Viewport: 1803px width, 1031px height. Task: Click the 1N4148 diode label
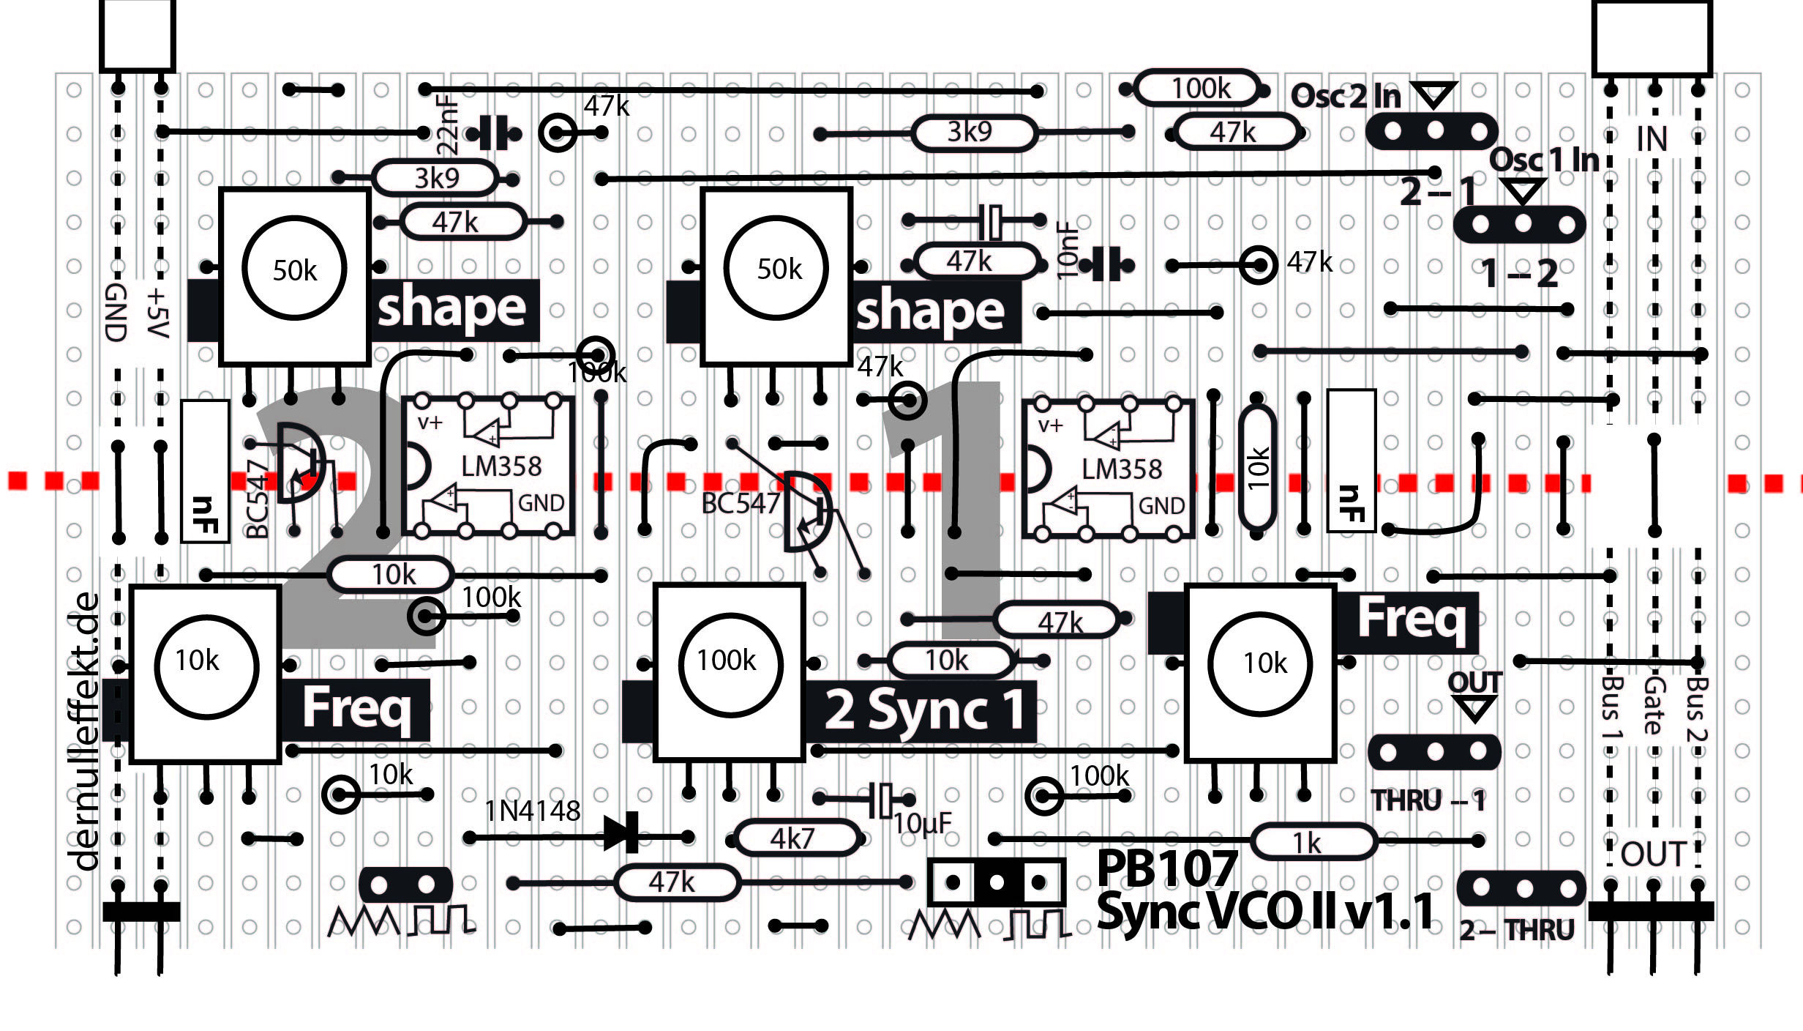coord(532,811)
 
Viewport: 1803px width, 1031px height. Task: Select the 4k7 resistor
coord(796,838)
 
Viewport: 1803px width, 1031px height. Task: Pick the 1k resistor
coord(1313,842)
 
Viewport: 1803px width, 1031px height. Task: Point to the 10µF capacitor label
coord(922,824)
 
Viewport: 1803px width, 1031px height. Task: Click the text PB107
coord(1166,869)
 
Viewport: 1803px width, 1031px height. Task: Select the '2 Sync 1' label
coord(923,710)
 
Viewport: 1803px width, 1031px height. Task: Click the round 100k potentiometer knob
coord(730,663)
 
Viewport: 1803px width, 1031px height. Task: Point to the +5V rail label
coord(158,313)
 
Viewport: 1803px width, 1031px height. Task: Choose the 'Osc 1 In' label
coord(1544,160)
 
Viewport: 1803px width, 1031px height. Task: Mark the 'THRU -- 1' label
coord(1427,800)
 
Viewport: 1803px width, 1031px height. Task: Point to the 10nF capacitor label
coord(1068,250)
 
